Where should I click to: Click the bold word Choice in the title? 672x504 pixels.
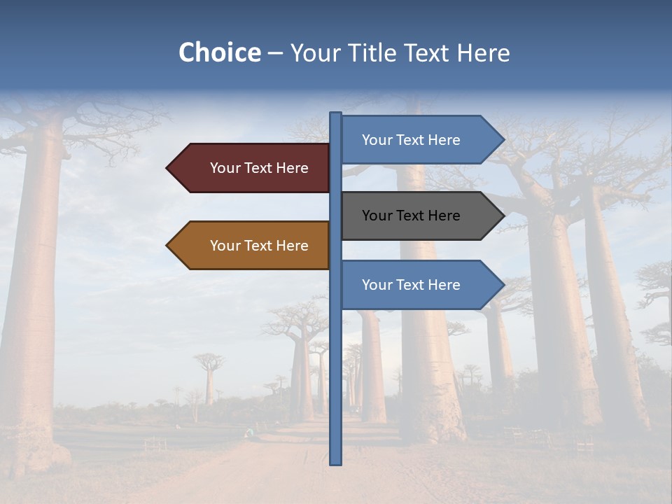(x=219, y=52)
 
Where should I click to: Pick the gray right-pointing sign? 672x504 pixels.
(x=413, y=216)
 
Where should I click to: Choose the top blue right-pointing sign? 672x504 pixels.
(x=413, y=140)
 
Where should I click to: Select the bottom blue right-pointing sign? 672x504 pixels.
(x=413, y=285)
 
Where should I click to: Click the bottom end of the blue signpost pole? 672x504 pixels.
(x=336, y=462)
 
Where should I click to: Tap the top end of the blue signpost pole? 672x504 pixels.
(x=336, y=114)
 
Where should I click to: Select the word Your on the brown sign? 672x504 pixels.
(x=224, y=246)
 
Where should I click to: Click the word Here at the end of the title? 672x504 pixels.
(x=484, y=52)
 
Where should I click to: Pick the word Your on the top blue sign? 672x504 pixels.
(x=377, y=140)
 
